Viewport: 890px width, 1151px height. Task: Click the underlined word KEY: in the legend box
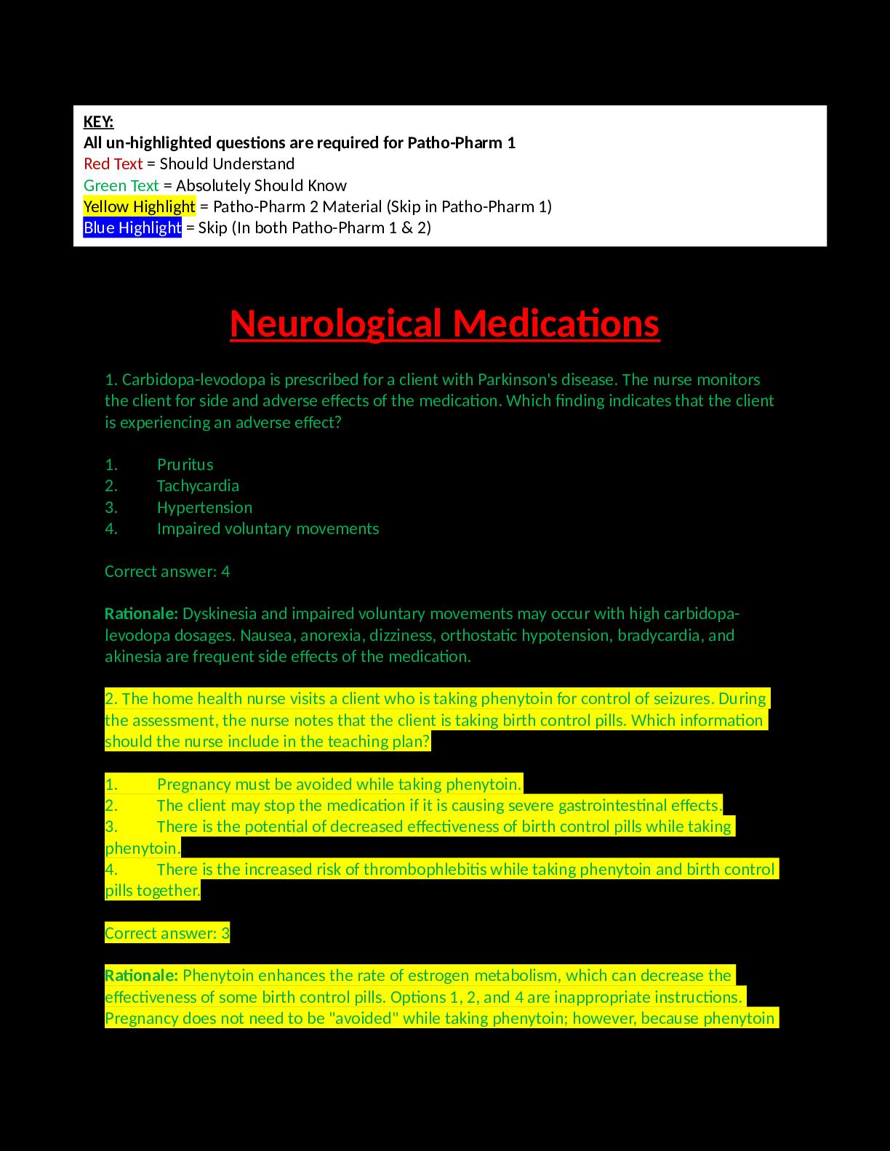[x=99, y=121]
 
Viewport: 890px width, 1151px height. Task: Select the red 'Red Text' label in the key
[x=113, y=163]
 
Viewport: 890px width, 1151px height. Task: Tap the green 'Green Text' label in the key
[x=121, y=185]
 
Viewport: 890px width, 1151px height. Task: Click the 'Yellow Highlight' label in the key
[x=139, y=206]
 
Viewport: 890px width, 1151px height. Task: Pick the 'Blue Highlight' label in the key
[x=132, y=227]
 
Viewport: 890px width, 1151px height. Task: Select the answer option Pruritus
[x=185, y=464]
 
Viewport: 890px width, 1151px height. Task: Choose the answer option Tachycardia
[x=198, y=485]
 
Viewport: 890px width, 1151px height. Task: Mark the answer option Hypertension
[x=204, y=507]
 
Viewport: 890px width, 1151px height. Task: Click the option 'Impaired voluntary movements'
[x=268, y=528]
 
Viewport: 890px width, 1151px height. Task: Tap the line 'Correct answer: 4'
[x=167, y=571]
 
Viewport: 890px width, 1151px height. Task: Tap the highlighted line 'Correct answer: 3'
[x=167, y=933]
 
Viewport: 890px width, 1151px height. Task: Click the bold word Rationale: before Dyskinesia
[x=141, y=614]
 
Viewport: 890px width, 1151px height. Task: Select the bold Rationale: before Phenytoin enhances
[x=141, y=975]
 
